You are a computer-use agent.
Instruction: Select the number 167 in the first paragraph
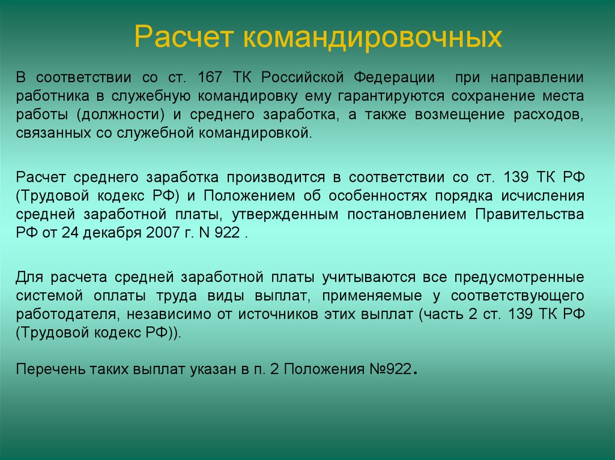[210, 77]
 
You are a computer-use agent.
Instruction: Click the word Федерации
[394, 78]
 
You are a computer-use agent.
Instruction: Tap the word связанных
[53, 134]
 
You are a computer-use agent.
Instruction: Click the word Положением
[249, 196]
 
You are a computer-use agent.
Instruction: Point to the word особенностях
[378, 196]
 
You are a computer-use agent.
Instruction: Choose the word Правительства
[530, 214]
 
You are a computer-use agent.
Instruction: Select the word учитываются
[369, 278]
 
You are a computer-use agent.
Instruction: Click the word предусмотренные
[520, 278]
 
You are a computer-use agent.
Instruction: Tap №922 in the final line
[390, 369]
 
